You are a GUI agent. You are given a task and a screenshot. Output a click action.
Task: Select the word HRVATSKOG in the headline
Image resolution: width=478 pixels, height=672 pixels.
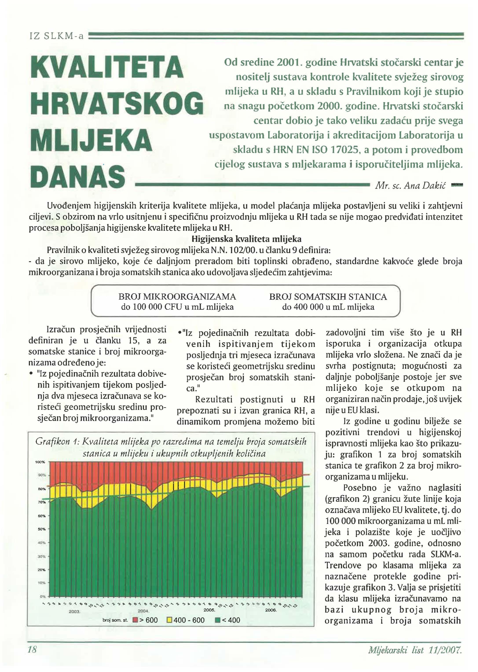[x=117, y=103]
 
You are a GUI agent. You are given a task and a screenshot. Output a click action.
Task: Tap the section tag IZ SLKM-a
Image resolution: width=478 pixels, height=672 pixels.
[x=57, y=36]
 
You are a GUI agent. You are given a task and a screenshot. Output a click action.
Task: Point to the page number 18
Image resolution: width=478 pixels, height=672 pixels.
[x=32, y=650]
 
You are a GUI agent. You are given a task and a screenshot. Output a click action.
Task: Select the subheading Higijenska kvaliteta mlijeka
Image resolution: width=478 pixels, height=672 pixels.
[x=246, y=239]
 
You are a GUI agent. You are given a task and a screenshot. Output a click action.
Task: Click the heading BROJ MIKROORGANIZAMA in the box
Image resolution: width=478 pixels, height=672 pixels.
[x=177, y=296]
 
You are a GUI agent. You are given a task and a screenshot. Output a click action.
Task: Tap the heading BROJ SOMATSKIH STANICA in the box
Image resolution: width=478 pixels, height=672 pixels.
[x=328, y=296]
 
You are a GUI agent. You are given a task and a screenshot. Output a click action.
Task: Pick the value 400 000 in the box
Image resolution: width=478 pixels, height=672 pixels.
[x=307, y=307]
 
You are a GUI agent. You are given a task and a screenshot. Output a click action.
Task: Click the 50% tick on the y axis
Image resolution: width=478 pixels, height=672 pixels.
[x=41, y=529]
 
